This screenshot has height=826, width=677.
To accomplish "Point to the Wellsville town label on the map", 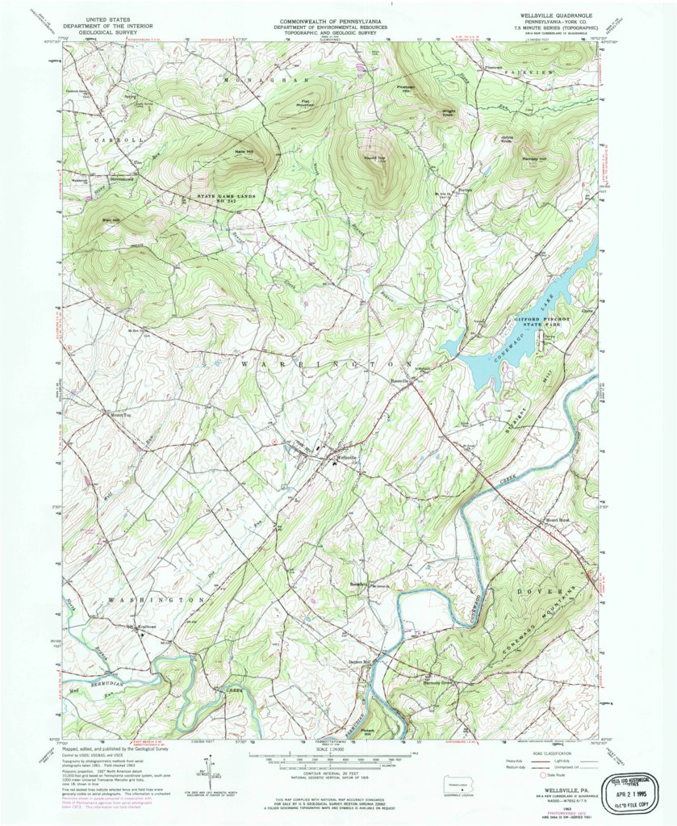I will coord(345,458).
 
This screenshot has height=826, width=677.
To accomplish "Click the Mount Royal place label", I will coord(557,520).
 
